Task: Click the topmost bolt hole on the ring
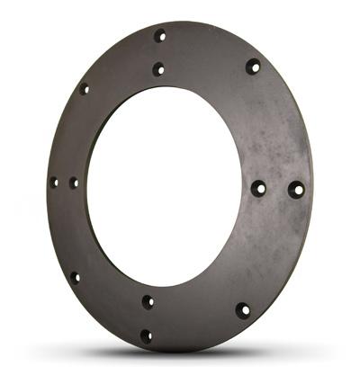160,36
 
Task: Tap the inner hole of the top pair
158,68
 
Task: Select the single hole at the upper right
253,66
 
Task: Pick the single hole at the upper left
85,89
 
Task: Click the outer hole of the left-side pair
54,182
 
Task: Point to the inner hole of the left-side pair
74,183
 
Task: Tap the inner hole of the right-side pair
258,188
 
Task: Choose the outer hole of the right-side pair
296,190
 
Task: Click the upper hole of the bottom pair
148,301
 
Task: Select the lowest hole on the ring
146,335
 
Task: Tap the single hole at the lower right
243,310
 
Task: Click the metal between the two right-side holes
277,189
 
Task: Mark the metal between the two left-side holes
64,183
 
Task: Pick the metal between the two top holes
159,52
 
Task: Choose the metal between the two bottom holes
147,318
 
